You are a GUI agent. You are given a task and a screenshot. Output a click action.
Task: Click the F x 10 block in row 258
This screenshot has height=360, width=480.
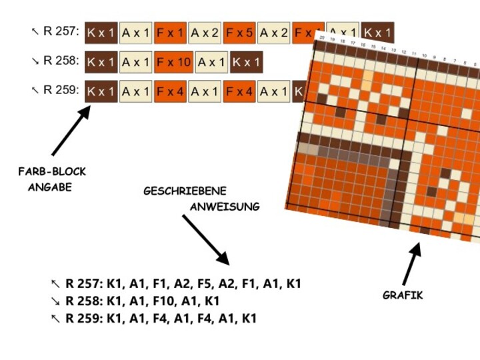(175, 62)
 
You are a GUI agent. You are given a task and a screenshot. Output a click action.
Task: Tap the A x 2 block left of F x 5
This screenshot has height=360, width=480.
(205, 32)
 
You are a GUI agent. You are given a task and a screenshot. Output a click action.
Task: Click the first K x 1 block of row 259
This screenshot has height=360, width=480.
(101, 91)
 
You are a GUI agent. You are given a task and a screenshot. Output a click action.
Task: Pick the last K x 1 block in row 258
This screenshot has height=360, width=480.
(247, 62)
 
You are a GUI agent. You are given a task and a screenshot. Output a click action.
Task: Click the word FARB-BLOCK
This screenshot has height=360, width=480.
(52, 172)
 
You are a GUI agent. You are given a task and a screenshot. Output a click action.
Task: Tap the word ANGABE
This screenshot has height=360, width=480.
(49, 187)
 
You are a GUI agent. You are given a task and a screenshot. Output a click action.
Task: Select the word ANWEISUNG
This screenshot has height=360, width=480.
(225, 207)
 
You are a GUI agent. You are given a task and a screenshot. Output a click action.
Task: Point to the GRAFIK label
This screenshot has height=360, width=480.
(403, 295)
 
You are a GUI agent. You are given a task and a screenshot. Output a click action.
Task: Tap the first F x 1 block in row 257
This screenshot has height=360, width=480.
(170, 32)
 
